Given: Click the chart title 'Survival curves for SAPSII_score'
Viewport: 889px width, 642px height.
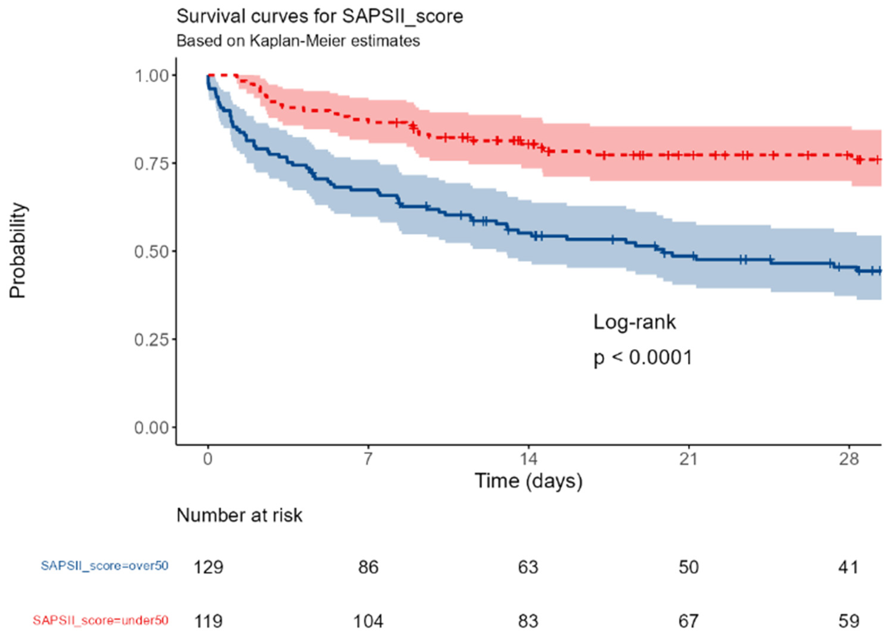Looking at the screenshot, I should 320,17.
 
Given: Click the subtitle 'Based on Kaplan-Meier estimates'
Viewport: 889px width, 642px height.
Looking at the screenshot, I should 298,41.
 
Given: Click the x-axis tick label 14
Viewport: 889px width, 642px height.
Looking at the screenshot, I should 528,459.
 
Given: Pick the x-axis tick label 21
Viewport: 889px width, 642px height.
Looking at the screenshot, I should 688,459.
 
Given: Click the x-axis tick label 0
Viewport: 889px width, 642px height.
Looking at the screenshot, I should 208,459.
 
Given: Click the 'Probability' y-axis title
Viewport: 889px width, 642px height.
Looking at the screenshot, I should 18,251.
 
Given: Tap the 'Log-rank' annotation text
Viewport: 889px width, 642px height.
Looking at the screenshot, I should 634,322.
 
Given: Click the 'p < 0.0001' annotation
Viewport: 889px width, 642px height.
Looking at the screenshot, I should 643,357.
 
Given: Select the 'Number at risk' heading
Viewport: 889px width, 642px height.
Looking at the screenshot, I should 239,515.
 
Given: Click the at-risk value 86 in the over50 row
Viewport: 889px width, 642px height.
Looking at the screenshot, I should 368,567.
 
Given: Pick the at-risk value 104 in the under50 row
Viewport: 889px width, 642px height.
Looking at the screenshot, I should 368,621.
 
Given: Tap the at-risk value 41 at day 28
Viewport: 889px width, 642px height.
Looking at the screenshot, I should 849,567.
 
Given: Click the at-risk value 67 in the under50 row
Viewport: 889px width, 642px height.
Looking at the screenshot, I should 688,621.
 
